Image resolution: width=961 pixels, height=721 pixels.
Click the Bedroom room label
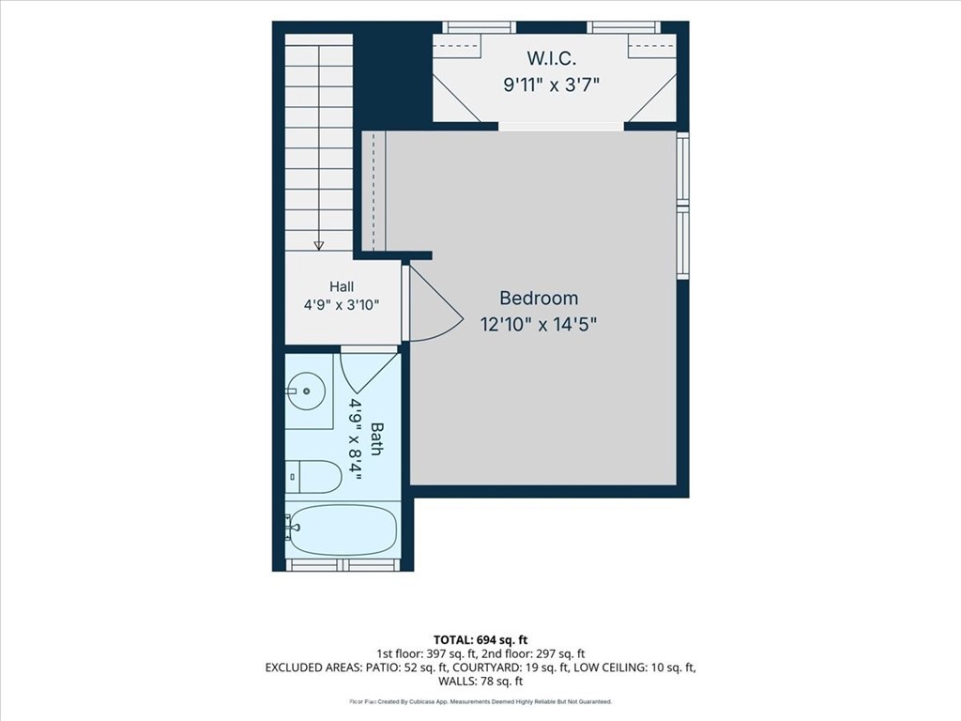coord(539,298)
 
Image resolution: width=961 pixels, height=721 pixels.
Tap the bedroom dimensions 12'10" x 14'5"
coord(539,324)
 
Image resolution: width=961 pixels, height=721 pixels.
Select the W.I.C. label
coord(552,59)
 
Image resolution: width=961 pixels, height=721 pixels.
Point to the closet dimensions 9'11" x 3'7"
coord(551,84)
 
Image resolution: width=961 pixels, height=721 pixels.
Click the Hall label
coord(342,286)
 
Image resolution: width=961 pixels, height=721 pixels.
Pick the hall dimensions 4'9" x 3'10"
coord(342,305)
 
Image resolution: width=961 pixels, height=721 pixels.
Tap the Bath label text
coord(376,439)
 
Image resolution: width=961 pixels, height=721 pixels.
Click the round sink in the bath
coord(306,391)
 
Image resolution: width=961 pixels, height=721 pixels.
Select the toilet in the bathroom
coord(313,477)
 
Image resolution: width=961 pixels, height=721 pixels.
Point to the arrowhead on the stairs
coord(319,245)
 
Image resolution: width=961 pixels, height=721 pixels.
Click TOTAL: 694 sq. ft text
coord(480,640)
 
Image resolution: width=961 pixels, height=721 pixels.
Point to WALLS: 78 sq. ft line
coord(480,682)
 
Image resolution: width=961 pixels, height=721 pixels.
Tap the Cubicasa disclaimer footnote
coord(480,702)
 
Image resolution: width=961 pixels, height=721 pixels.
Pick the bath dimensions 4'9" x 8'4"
coord(355,439)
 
